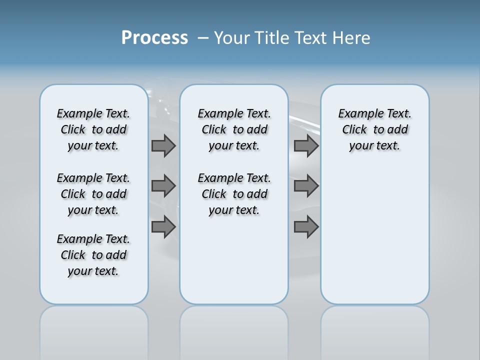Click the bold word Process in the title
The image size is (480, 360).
coord(154,38)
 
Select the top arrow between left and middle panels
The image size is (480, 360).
coord(163,145)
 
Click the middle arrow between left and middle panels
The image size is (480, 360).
coord(163,186)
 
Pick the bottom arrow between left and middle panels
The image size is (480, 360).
coord(163,227)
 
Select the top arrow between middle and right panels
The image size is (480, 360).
coord(306,145)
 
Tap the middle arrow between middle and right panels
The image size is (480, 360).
coord(306,186)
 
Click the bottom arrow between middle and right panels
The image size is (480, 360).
coord(306,227)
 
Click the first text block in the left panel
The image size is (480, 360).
coord(93,129)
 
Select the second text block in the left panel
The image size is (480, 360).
coord(93,194)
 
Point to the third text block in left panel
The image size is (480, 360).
coord(93,255)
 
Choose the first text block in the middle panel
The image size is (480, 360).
coord(234,129)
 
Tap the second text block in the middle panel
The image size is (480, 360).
coord(234,194)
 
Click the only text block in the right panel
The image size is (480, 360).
coord(374,129)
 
